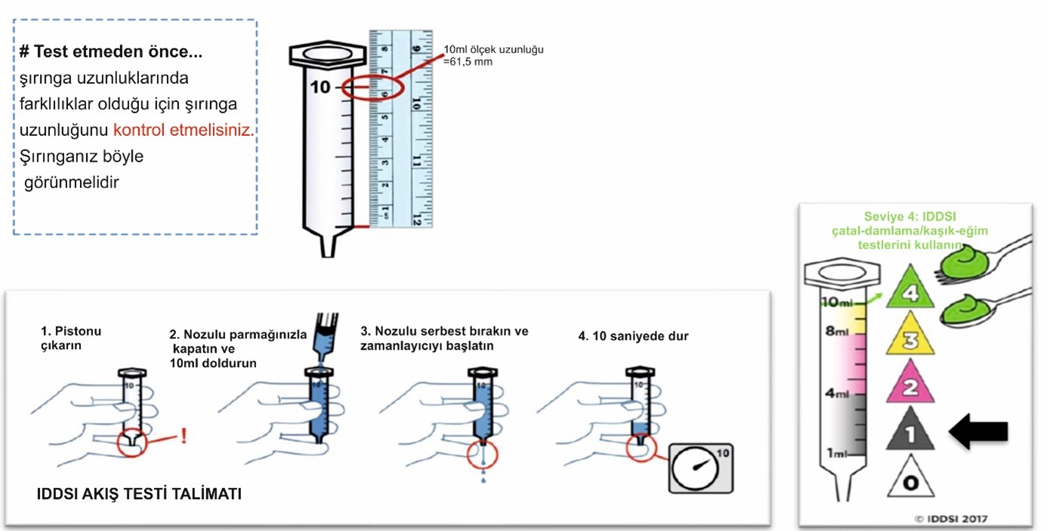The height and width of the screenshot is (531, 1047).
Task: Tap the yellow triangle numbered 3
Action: coord(910,339)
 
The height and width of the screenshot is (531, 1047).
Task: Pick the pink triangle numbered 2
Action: coord(910,387)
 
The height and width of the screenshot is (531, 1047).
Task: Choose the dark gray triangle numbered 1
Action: coord(910,435)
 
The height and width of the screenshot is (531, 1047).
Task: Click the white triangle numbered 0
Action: coord(910,481)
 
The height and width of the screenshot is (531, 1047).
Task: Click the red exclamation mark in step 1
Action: coord(184,437)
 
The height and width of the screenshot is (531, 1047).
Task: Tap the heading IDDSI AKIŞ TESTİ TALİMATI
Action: coord(139,495)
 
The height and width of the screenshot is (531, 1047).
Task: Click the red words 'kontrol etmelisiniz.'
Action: coord(184,130)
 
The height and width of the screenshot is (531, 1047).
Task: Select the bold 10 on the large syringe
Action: coord(320,88)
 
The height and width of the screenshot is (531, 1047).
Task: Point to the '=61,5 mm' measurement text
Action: coord(468,61)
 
